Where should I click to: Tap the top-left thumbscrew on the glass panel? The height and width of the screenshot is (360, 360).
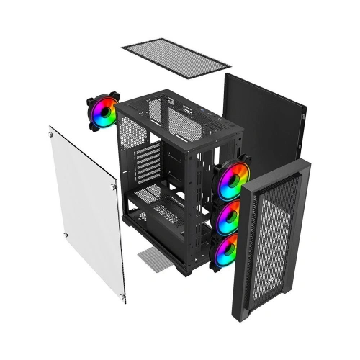coord(53,132)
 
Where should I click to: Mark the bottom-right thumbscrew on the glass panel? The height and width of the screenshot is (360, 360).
coord(123,292)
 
